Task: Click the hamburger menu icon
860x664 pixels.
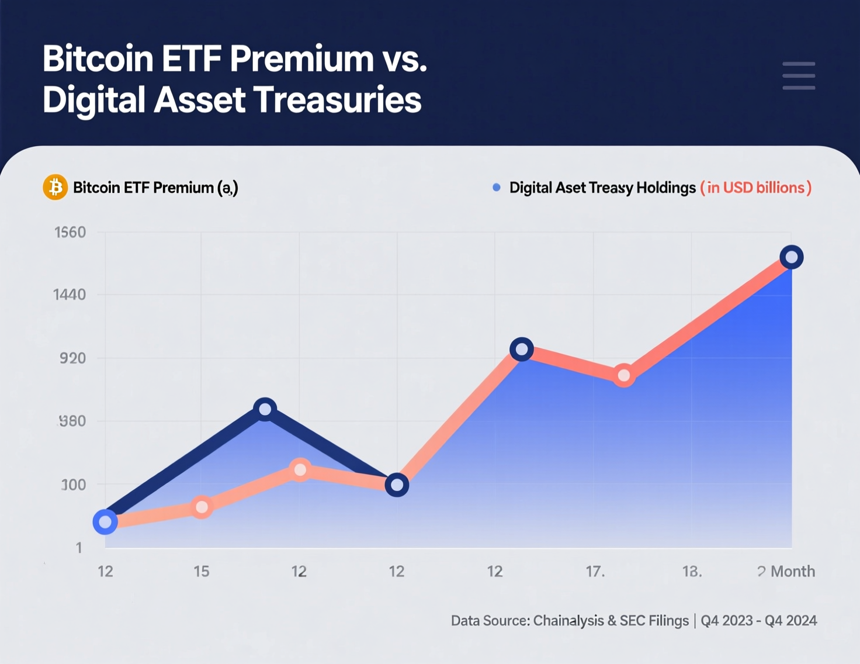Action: (799, 75)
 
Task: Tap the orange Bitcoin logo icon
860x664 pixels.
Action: (56, 188)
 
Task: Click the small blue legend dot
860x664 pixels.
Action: (497, 188)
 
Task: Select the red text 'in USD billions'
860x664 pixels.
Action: (756, 188)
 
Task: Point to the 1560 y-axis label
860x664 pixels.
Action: (70, 233)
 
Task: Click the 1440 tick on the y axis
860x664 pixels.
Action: (70, 295)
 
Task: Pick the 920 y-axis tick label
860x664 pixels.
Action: (72, 358)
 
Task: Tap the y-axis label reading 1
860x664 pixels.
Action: (79, 548)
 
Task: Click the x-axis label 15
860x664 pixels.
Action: (202, 571)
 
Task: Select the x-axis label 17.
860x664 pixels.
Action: (595, 571)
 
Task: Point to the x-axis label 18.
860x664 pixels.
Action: (692, 571)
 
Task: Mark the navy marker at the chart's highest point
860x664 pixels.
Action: (792, 257)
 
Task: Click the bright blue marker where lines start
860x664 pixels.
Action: (105, 522)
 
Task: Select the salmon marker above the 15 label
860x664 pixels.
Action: (202, 507)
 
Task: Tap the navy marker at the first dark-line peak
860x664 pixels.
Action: (265, 409)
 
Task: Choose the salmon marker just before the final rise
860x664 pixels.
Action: (624, 375)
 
